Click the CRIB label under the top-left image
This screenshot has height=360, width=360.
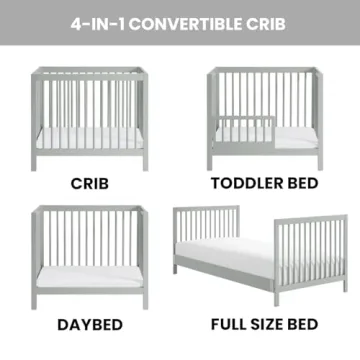pos(90,185)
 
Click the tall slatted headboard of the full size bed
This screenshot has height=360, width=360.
pos(206,228)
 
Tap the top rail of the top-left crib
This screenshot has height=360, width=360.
pos(90,71)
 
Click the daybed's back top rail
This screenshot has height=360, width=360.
pos(90,209)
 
